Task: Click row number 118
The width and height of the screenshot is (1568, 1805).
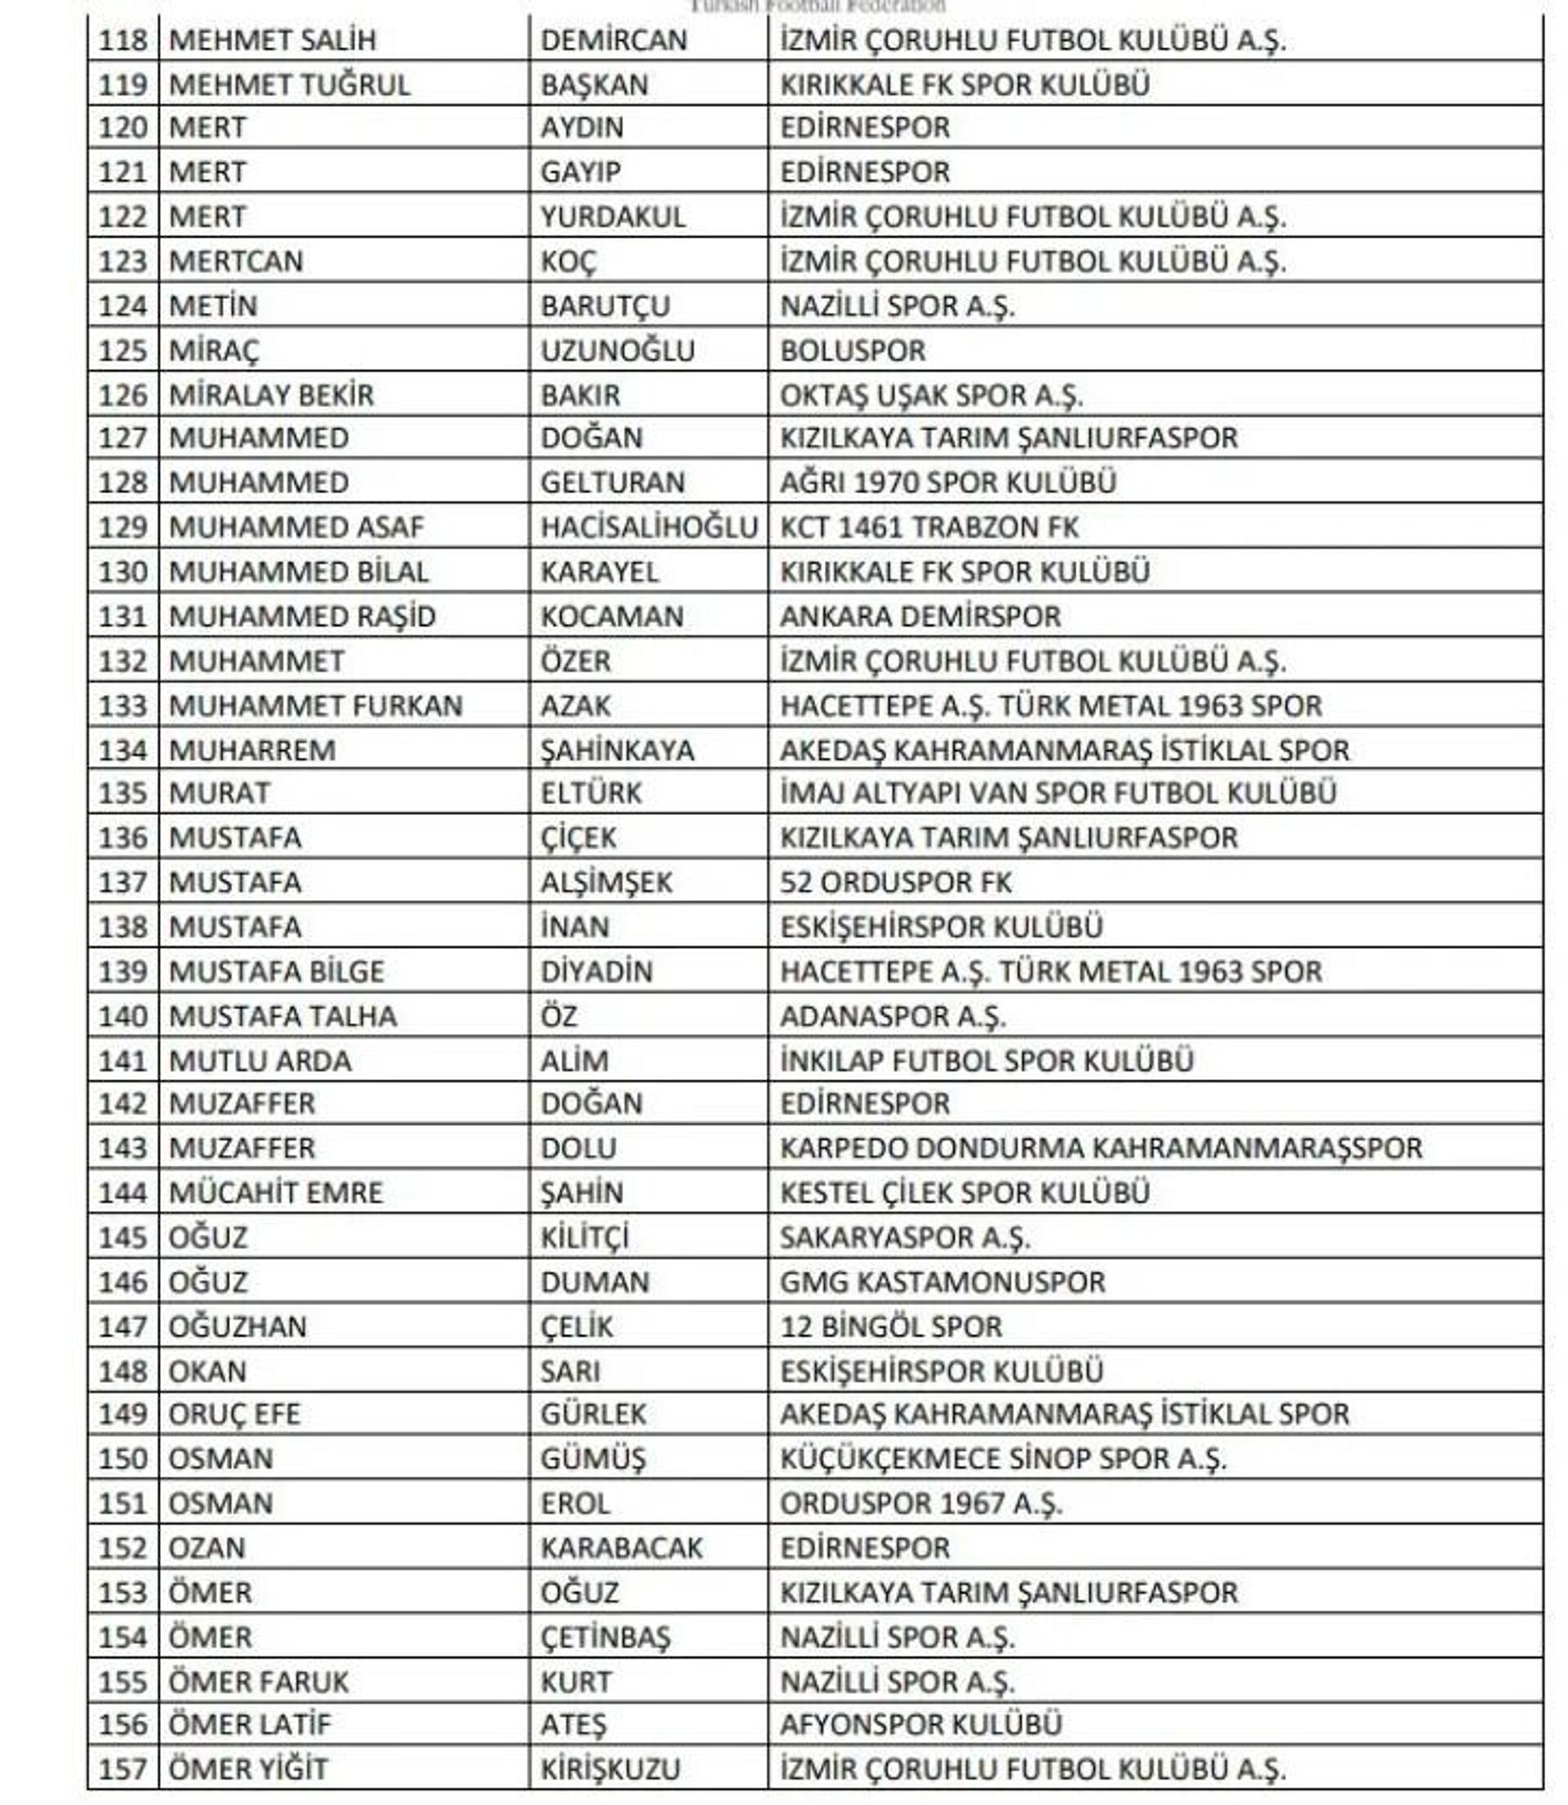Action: (x=122, y=40)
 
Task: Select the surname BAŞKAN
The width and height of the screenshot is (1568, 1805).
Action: (x=595, y=85)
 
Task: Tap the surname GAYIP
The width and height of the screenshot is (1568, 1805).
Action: (x=580, y=172)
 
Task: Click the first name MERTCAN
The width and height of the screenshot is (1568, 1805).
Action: (x=235, y=261)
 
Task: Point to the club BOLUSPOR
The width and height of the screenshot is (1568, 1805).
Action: (x=853, y=351)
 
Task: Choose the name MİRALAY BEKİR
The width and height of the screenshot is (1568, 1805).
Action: (x=270, y=395)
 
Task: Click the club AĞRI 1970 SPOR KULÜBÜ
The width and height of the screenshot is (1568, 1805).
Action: (x=947, y=483)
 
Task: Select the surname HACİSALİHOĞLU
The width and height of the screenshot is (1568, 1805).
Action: (x=648, y=528)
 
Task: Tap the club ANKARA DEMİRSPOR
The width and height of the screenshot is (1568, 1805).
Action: (x=920, y=617)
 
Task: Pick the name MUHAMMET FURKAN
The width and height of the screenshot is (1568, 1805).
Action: (x=315, y=706)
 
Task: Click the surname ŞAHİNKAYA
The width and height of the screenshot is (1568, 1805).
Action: (x=617, y=751)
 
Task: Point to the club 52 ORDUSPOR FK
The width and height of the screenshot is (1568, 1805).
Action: (x=895, y=883)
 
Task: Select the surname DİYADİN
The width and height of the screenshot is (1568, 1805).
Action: (x=596, y=972)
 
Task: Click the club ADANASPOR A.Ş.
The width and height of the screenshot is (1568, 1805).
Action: (x=893, y=1017)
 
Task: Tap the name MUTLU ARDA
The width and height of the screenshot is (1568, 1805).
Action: (x=259, y=1061)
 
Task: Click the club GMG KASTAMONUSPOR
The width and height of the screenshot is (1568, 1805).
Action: (x=942, y=1282)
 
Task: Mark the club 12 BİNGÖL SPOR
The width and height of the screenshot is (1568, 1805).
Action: (x=891, y=1327)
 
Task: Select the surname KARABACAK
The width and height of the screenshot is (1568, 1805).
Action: (x=621, y=1548)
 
